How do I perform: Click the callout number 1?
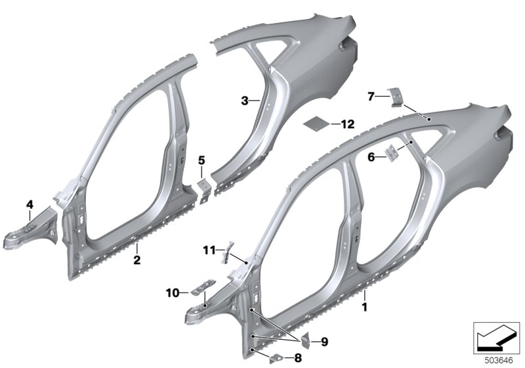tap(365, 307)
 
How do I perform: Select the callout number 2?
tap(137, 260)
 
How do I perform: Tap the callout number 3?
tap(245, 101)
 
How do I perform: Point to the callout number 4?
tap(30, 204)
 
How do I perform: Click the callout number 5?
tap(201, 160)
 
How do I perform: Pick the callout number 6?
tap(371, 157)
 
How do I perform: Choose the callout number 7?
tap(371, 97)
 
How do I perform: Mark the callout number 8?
tap(298, 358)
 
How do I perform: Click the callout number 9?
tap(324, 342)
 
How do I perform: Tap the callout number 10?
tap(173, 293)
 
